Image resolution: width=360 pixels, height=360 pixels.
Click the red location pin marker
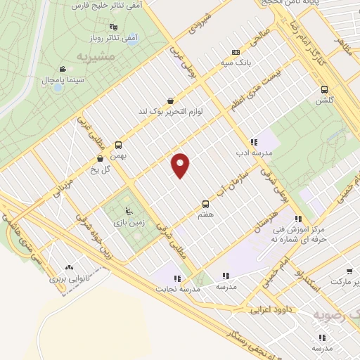181,165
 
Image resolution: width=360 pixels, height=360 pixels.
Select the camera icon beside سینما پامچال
63,70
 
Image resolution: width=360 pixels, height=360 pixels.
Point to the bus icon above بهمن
118,143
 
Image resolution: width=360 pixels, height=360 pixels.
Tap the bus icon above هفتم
205,188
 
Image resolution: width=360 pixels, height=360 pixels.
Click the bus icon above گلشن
324,89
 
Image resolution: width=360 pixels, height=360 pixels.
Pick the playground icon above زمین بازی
127,211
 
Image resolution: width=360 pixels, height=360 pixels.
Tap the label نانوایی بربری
70,278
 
